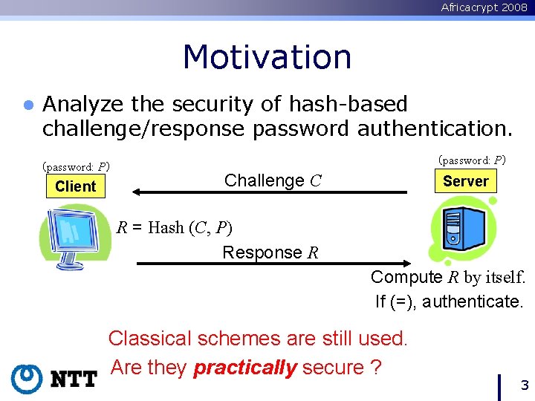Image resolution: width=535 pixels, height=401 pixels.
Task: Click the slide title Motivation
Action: (x=267, y=57)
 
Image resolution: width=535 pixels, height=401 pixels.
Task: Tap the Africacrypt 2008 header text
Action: (x=484, y=7)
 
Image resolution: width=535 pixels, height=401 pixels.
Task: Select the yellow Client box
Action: (x=75, y=186)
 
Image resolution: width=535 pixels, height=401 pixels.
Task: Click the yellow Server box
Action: (x=465, y=181)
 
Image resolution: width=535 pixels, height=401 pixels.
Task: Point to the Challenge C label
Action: (x=272, y=180)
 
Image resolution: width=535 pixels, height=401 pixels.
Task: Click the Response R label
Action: (x=270, y=252)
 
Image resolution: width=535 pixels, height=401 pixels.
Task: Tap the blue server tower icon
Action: (x=461, y=229)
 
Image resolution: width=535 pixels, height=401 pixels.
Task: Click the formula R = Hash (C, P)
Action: (x=175, y=227)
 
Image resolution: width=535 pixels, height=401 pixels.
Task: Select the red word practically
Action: (x=245, y=367)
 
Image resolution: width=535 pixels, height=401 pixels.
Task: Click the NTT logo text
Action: (x=74, y=379)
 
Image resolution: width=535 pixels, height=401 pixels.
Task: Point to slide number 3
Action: (x=524, y=385)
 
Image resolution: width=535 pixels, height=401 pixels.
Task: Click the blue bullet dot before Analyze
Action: (x=28, y=105)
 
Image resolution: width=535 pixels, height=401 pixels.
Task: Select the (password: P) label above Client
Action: (x=76, y=166)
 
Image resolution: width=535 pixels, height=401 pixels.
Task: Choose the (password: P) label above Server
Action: (x=472, y=160)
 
